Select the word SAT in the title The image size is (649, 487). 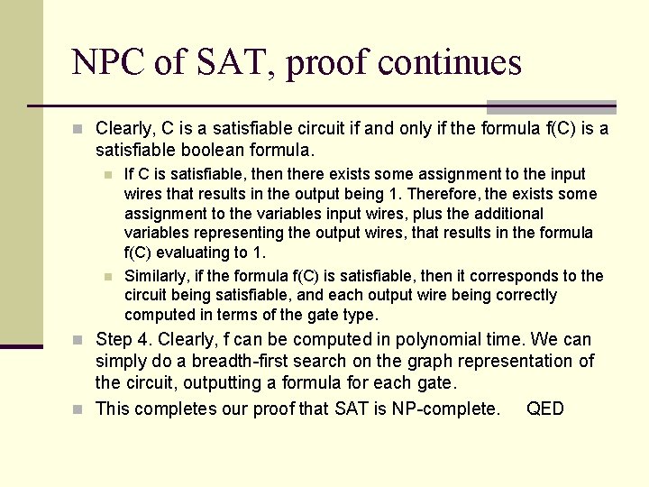226,62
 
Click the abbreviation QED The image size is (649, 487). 545,409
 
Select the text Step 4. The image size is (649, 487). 125,339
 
